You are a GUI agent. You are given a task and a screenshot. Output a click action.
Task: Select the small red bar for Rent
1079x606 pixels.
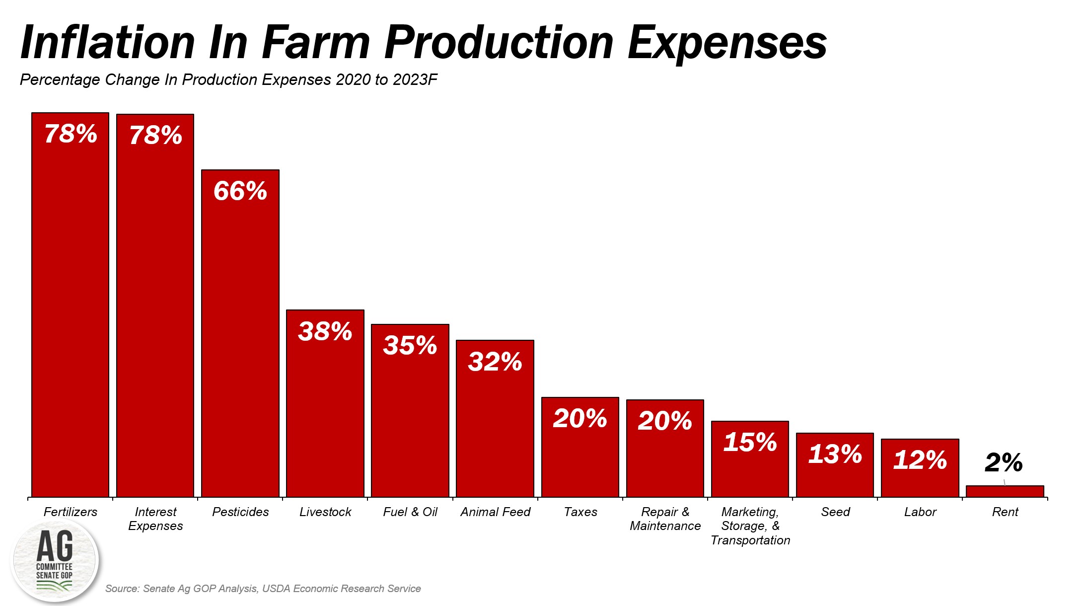click(x=1005, y=491)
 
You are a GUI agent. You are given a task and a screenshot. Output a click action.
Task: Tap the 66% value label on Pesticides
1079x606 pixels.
click(x=240, y=191)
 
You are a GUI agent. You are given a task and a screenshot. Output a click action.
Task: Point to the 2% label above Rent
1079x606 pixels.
click(x=1004, y=462)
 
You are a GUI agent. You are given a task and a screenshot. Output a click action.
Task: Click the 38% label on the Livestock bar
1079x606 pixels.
click(x=325, y=331)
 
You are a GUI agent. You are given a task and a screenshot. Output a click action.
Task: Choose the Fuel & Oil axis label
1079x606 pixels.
click(x=410, y=512)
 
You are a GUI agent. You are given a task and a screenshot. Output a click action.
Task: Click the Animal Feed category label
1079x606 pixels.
click(x=495, y=512)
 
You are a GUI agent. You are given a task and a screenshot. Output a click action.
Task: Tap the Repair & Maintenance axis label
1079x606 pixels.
click(x=665, y=519)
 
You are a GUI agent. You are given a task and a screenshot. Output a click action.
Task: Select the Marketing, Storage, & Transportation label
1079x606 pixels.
click(x=750, y=526)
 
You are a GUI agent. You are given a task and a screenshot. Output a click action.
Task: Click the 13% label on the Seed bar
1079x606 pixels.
click(x=835, y=454)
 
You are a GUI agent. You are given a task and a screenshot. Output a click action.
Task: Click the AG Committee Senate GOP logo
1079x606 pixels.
click(x=55, y=560)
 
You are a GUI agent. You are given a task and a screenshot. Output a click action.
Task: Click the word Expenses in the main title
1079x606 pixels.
click(x=727, y=43)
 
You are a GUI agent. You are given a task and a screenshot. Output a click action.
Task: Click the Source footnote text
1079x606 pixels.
click(x=263, y=589)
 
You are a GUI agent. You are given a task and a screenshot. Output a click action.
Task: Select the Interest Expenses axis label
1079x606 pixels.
click(x=155, y=519)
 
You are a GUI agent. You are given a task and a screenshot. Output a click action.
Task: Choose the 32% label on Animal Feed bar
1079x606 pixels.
click(x=495, y=362)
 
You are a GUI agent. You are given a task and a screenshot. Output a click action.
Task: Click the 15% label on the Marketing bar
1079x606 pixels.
click(x=750, y=442)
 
